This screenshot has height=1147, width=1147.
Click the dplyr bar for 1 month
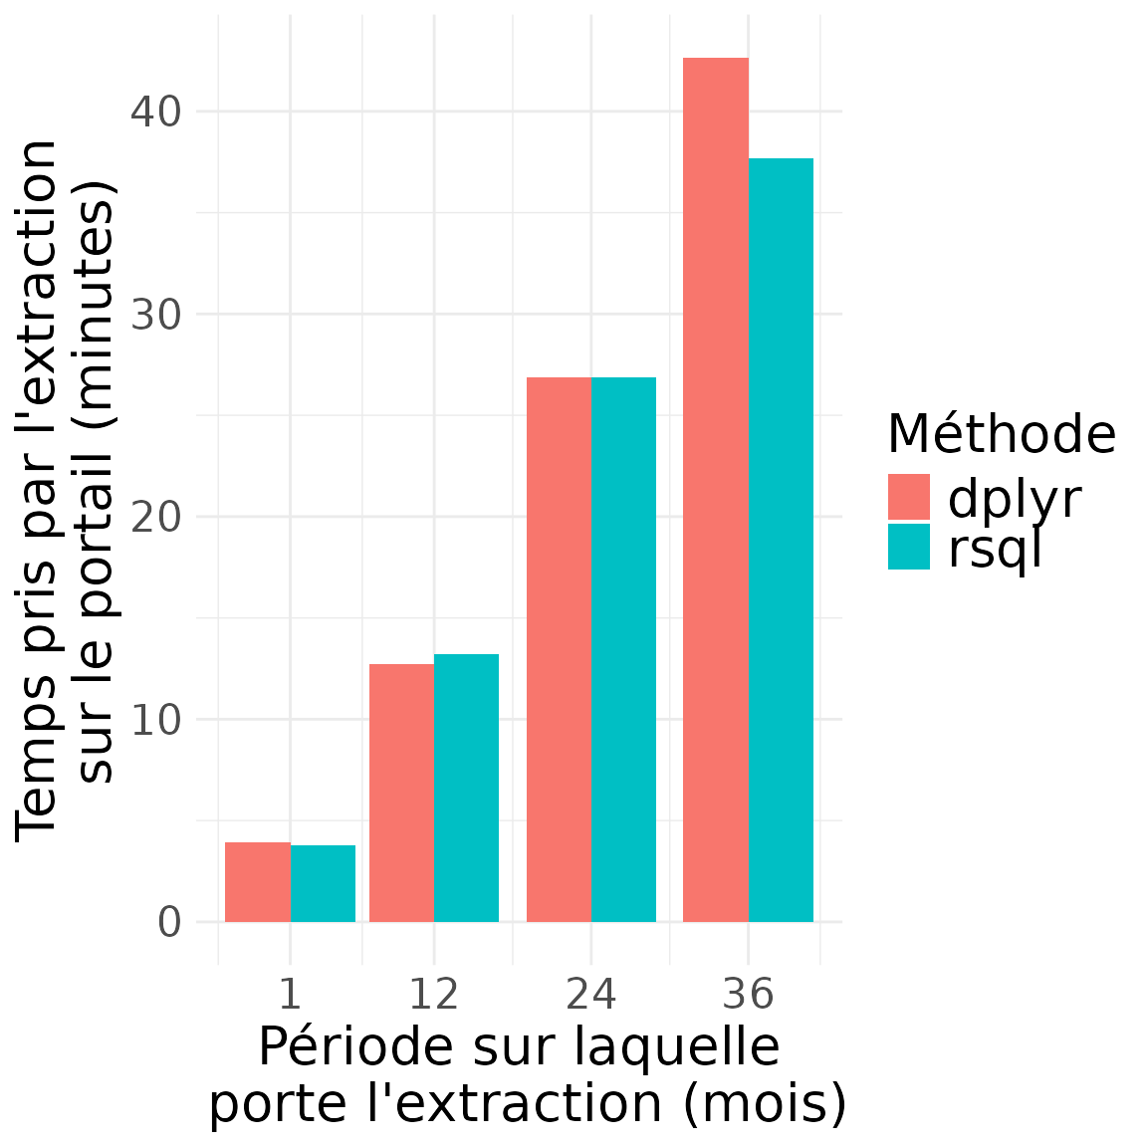tap(258, 882)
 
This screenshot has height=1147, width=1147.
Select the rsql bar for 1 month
tap(323, 883)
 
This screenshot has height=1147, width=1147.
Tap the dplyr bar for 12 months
tap(401, 793)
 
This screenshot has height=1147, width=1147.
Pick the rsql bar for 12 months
tap(466, 788)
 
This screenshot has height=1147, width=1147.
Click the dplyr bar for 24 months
tap(559, 649)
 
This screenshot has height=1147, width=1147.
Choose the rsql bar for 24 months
tap(623, 649)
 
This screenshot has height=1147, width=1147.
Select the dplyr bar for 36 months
tap(716, 490)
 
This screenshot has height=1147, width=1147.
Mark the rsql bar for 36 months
tap(781, 540)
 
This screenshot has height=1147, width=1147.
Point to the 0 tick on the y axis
tap(169, 922)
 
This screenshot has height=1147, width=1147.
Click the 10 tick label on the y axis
tap(156, 719)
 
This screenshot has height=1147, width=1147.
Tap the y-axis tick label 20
tap(156, 517)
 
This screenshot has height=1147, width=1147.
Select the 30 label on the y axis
tap(156, 315)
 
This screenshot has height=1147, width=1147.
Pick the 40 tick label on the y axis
tap(156, 112)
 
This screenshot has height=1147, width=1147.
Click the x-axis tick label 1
tap(290, 995)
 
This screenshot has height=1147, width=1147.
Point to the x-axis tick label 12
tap(434, 995)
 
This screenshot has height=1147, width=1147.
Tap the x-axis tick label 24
tap(591, 995)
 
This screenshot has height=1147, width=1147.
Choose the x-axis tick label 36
tap(748, 995)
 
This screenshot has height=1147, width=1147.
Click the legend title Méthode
tap(1001, 434)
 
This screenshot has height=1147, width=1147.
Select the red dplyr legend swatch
tap(909, 497)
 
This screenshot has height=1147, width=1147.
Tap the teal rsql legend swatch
tap(909, 547)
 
